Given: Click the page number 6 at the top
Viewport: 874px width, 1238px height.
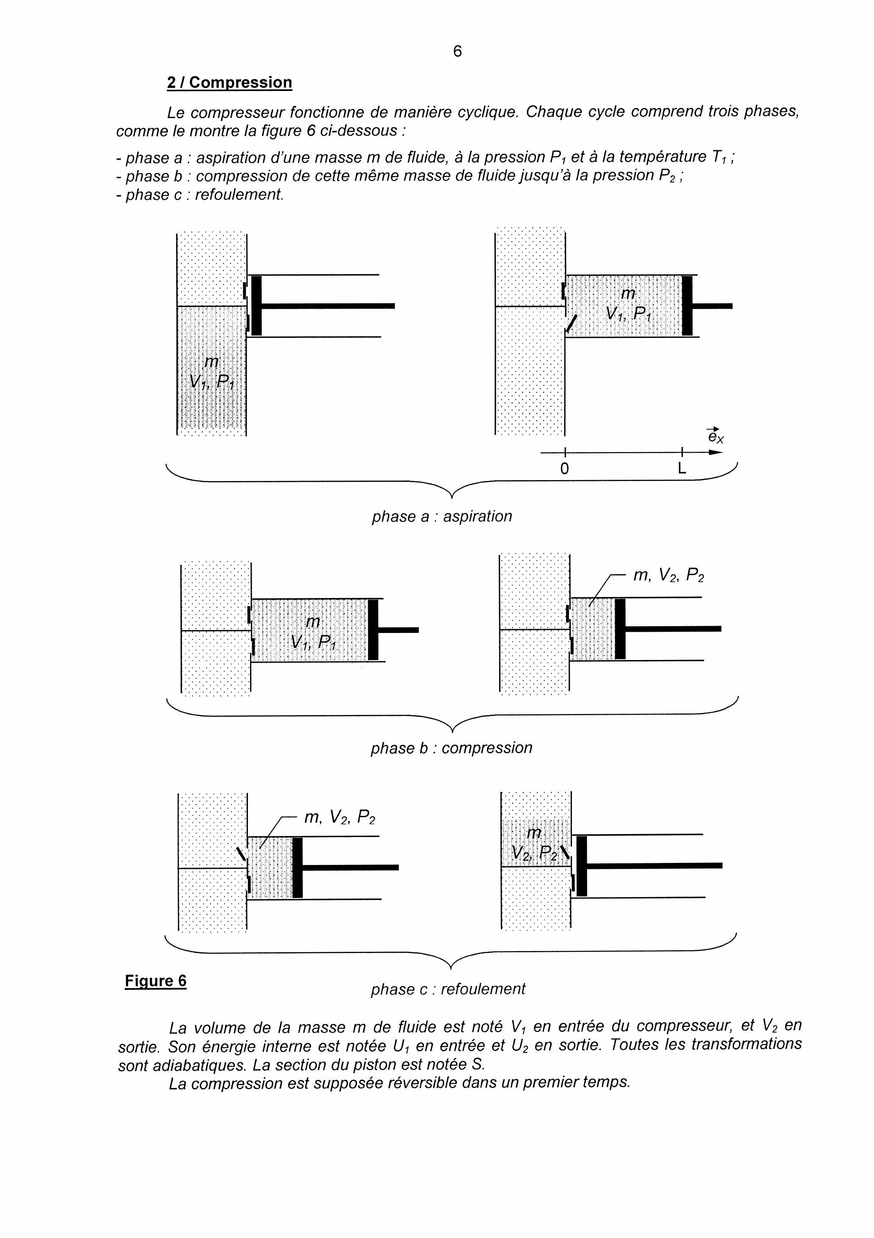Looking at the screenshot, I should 457,51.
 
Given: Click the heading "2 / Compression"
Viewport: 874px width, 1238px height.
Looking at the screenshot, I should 230,83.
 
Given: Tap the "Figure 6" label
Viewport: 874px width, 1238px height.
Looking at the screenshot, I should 155,980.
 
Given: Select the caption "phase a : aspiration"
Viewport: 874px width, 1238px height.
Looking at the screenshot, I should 441,516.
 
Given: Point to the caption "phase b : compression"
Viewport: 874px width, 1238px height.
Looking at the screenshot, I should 451,747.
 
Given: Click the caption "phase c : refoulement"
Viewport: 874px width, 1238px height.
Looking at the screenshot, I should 447,988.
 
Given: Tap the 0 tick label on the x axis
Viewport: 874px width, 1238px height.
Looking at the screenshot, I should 564,469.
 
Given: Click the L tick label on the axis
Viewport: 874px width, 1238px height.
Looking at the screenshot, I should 682,469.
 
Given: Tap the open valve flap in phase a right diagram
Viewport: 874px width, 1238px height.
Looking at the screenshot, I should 571,323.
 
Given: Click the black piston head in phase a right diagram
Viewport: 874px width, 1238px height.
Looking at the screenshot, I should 687,305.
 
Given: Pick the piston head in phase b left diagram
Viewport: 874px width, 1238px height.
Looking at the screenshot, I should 373,629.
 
